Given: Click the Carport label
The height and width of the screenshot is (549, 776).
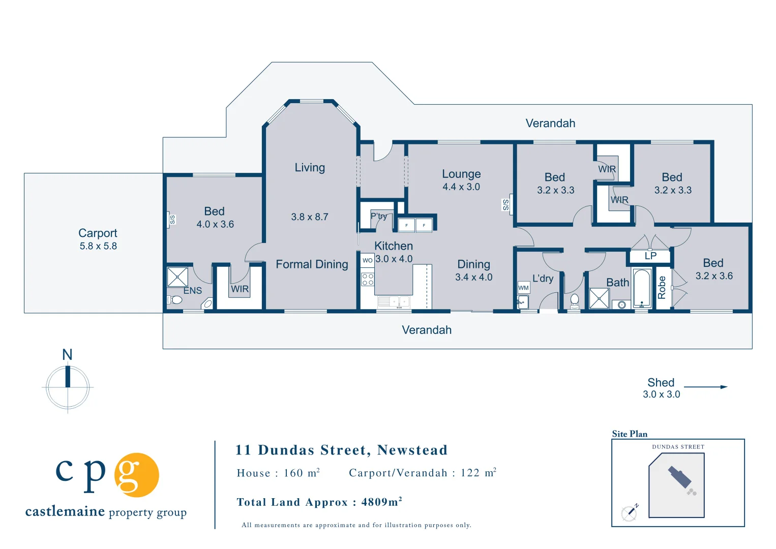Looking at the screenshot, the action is pos(98,233).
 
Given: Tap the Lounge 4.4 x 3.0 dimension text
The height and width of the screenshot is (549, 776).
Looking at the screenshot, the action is pos(461,187).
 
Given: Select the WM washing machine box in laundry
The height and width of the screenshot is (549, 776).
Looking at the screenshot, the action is pos(523,288).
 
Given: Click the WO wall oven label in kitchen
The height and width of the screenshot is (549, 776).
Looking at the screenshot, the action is pos(368,260).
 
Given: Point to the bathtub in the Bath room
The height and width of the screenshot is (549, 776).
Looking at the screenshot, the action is pos(642,288).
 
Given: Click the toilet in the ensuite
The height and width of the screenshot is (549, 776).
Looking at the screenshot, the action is pos(175,299).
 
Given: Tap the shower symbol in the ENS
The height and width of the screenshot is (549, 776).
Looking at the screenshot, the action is pos(177,277).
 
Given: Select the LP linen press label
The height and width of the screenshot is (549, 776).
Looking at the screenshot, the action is pos(650,256).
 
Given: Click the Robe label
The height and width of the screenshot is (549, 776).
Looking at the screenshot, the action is pos(662,288).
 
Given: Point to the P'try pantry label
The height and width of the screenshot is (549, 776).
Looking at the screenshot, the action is pos(379,216).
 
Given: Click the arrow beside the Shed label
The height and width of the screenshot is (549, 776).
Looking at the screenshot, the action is pos(705,387).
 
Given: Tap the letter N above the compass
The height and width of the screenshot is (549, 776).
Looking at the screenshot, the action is pos(67,355).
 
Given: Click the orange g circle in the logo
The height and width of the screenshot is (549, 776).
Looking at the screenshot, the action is pos(137,475).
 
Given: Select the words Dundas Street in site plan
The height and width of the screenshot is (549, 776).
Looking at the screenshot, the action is pos(678,447).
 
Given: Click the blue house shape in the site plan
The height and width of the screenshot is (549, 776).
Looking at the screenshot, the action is pos(680,477).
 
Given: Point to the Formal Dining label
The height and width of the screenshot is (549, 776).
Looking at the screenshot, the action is pos(312,264).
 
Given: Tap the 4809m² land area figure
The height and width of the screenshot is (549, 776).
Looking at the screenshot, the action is pos(381,502).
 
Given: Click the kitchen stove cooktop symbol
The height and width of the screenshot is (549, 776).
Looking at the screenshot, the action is pos(368,280).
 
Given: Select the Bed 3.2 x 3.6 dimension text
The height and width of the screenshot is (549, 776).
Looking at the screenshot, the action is pos(714,276).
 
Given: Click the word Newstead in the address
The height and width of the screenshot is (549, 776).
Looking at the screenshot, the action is pos(412,450).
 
